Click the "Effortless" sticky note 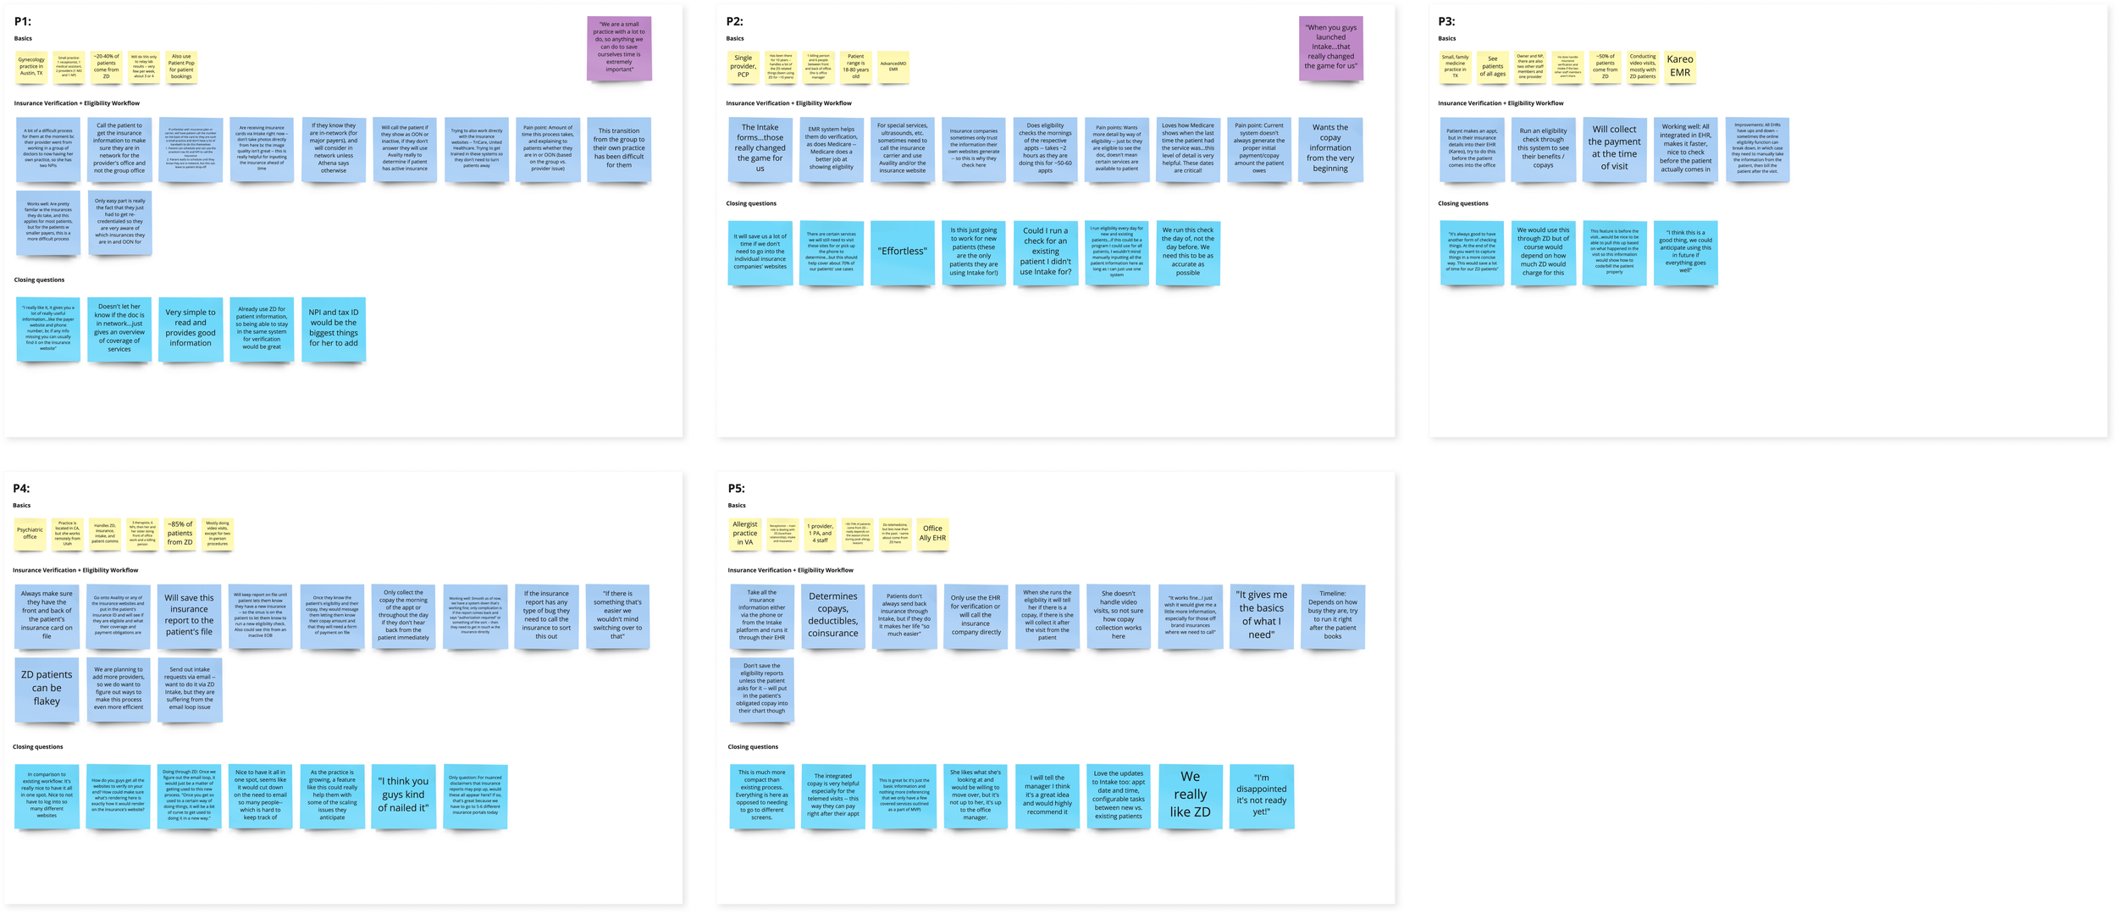click(903, 252)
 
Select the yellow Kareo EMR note click(1679, 66)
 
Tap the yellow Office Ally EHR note click(932, 534)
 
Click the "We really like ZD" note click(1190, 795)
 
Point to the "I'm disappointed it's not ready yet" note click(1261, 795)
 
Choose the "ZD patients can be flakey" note click(47, 688)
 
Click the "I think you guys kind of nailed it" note click(404, 795)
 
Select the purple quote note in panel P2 click(1330, 47)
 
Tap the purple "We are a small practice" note click(619, 47)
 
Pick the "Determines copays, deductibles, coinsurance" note click(832, 615)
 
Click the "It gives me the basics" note click(1261, 615)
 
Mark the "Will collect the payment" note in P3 click(1614, 149)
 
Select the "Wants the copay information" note click(1330, 149)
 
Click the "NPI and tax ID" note click(334, 329)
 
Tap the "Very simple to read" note click(191, 329)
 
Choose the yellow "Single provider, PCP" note click(743, 67)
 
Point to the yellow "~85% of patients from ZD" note click(180, 533)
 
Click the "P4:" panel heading click(21, 489)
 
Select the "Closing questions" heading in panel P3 click(1462, 204)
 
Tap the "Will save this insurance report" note click(189, 615)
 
